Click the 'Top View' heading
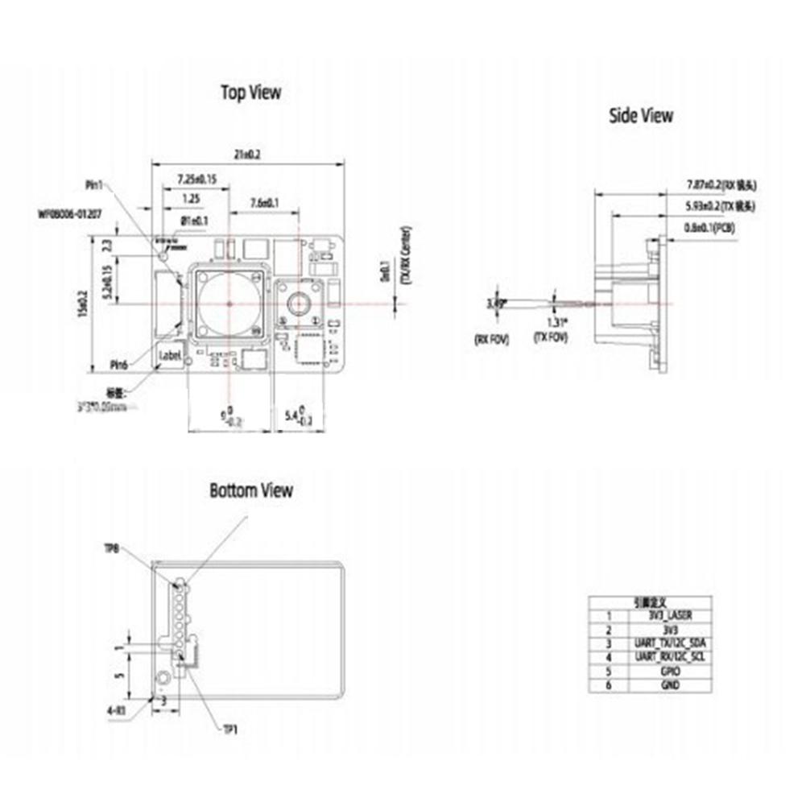[x=251, y=93]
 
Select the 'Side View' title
[x=640, y=116]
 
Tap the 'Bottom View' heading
[x=251, y=490]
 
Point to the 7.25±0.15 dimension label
[x=196, y=179]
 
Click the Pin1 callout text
[x=95, y=185]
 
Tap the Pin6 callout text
[x=120, y=364]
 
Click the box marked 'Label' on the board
[x=172, y=353]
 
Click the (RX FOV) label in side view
[x=492, y=338]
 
